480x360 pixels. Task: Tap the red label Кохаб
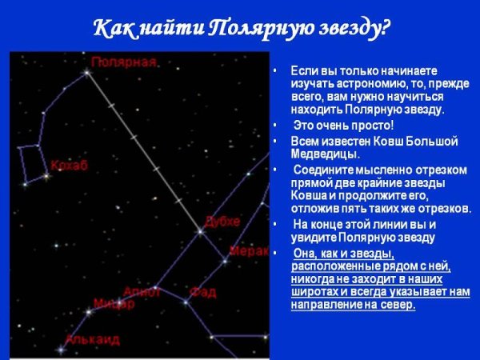coord(69,166)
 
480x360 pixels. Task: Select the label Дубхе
coord(222,221)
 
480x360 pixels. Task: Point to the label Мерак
coord(248,250)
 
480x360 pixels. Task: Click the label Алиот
coord(142,292)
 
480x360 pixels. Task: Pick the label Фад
coord(202,292)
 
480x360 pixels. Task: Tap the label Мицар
coord(114,303)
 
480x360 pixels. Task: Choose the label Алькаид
coord(92,339)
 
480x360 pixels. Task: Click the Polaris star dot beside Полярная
coord(87,72)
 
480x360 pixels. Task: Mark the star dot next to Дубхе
coord(200,232)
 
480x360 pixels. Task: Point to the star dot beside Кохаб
coord(46,174)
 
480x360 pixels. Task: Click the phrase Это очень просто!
coord(344,126)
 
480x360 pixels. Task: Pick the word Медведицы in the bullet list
coord(325,154)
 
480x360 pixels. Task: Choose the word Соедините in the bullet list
coord(325,170)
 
